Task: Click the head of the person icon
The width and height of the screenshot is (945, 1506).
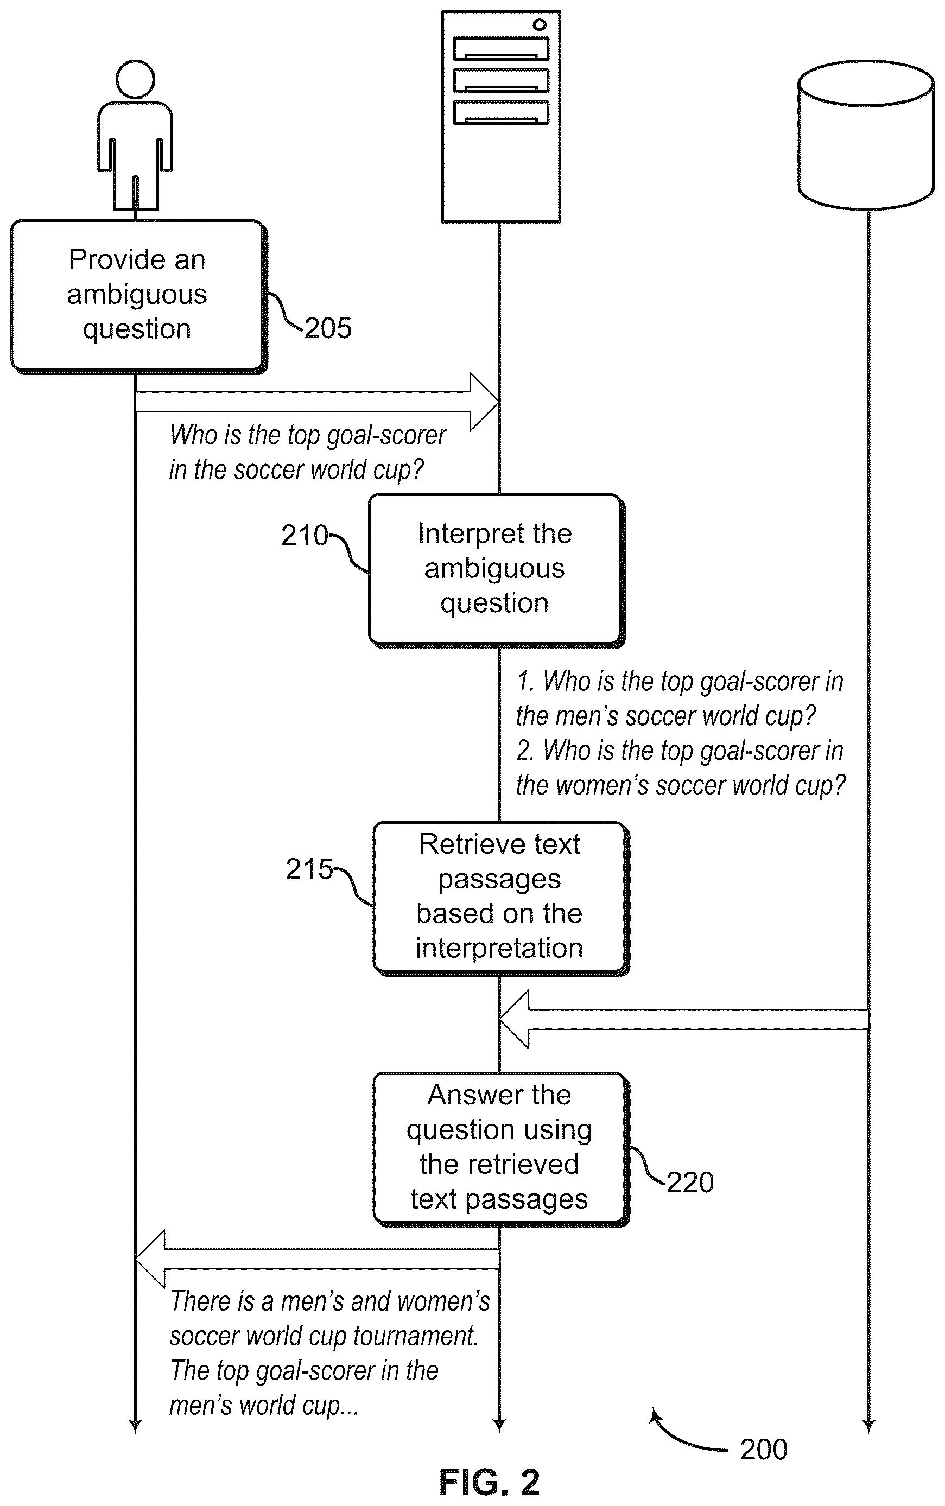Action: (135, 79)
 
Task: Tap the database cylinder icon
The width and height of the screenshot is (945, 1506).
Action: (866, 135)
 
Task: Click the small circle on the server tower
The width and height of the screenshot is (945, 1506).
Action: (540, 24)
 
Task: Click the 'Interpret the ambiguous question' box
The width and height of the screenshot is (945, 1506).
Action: (496, 570)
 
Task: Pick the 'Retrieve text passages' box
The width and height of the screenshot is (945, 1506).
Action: (500, 898)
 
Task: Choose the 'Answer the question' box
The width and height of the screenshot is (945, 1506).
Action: (500, 1148)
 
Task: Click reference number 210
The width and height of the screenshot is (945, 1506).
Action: (305, 536)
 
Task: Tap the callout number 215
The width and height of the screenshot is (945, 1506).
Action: (309, 869)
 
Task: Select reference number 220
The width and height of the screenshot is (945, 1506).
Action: (690, 1183)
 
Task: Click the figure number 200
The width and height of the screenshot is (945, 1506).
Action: (764, 1450)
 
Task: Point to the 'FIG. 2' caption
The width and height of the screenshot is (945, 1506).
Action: (490, 1482)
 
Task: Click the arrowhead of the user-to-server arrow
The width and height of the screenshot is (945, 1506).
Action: (484, 402)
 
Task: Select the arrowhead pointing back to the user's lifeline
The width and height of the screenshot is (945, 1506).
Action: (150, 1259)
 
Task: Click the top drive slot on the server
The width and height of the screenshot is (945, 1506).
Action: (501, 48)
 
